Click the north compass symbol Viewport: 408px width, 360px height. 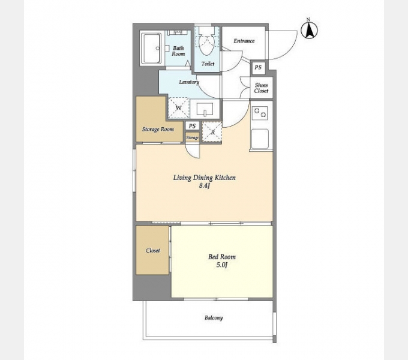click(x=309, y=30)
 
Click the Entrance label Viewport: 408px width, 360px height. click(x=244, y=41)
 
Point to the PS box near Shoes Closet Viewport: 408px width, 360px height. click(x=258, y=68)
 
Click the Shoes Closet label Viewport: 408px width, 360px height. click(x=261, y=88)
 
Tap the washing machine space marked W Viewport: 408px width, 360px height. click(x=179, y=107)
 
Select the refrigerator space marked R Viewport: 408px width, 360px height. click(x=212, y=132)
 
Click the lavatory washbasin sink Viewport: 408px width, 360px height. click(x=205, y=109)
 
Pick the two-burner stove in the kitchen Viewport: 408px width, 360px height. click(x=260, y=113)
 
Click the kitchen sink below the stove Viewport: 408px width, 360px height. click(x=260, y=139)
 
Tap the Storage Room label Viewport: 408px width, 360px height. click(x=158, y=129)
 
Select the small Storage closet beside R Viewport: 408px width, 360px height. click(x=192, y=137)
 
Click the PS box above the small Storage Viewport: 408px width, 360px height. click(x=192, y=126)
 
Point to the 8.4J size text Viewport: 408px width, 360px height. click(x=204, y=186)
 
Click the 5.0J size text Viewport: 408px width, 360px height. click(x=222, y=265)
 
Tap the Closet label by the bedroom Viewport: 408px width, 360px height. click(x=153, y=250)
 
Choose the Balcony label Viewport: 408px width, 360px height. click(x=214, y=318)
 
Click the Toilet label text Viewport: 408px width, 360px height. click(x=208, y=64)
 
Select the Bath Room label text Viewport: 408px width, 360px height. click(x=178, y=51)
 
